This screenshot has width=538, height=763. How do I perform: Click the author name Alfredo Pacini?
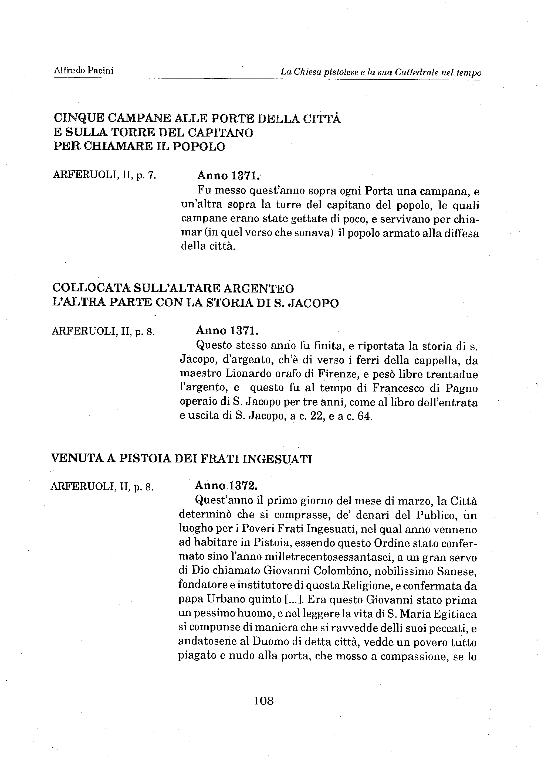[x=83, y=70]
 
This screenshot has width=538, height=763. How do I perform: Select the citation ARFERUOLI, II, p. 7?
[x=104, y=175]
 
